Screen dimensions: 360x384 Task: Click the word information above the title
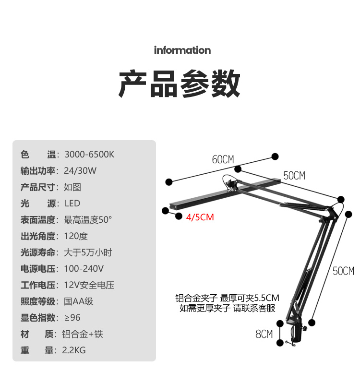pos(182,50)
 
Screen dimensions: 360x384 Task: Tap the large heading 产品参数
pos(180,84)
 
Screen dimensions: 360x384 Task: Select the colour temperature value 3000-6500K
pos(89,155)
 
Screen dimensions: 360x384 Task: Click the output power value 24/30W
pos(80,171)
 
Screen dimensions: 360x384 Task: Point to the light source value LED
pos(72,204)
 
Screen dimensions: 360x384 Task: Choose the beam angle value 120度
pos(76,236)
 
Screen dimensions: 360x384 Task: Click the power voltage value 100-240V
pos(84,269)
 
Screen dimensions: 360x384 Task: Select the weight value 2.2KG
pos(74,350)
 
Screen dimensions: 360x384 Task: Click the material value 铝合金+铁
pos(83,334)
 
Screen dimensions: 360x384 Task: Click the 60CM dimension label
pos(223,159)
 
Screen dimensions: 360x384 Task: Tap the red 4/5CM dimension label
pos(200,217)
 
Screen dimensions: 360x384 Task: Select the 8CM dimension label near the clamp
pos(264,334)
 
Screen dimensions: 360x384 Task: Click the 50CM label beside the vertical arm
pos(343,271)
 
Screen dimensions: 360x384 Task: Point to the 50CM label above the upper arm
pos(294,176)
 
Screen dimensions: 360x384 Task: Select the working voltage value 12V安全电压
pos(89,285)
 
